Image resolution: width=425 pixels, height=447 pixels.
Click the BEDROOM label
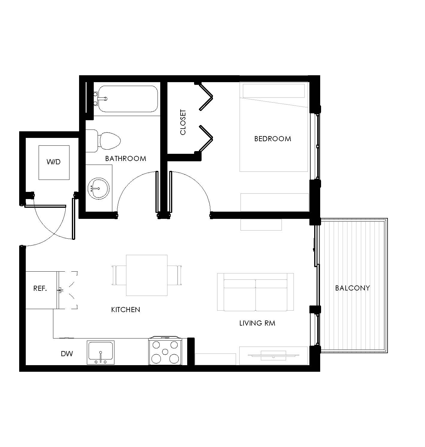(x=273, y=139)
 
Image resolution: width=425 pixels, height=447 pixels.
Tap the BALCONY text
(x=353, y=288)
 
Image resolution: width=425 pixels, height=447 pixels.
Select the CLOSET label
(x=183, y=122)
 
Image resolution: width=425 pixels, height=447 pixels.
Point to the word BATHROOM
(x=125, y=159)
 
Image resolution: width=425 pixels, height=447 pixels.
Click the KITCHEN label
(x=125, y=309)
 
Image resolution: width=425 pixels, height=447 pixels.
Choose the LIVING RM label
(x=257, y=323)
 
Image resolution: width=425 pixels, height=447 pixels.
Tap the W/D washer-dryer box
(x=54, y=162)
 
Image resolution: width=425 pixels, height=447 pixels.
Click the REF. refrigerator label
(x=40, y=288)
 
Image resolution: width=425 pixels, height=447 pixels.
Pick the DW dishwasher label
(x=67, y=353)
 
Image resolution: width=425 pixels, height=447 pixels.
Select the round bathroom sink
(x=99, y=189)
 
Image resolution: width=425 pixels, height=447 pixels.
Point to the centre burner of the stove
(x=165, y=352)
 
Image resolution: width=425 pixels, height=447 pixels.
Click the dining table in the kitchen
(x=147, y=275)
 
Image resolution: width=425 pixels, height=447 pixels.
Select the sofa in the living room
(x=255, y=292)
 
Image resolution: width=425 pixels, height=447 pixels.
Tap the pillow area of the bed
(x=274, y=91)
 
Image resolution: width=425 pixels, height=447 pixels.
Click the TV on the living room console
(x=273, y=355)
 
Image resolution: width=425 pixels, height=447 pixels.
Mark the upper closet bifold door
(x=205, y=97)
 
